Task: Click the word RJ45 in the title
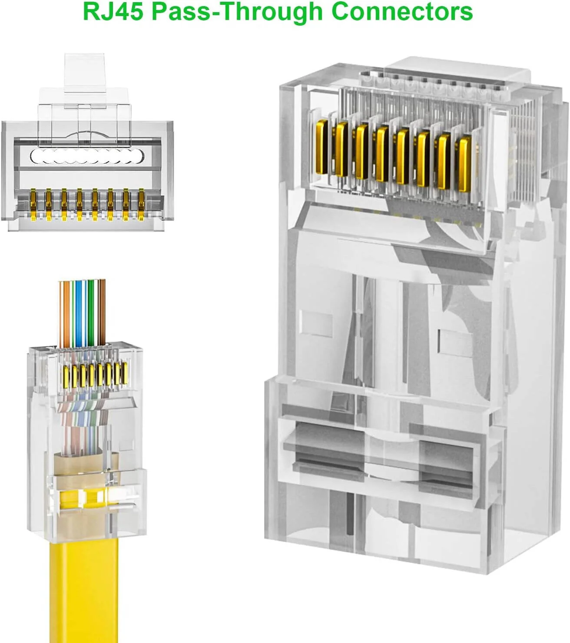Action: (x=113, y=12)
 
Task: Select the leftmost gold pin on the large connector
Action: (x=321, y=148)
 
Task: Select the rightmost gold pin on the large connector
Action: (x=464, y=163)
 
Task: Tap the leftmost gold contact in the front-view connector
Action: (x=33, y=203)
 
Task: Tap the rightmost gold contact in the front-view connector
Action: (x=141, y=203)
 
